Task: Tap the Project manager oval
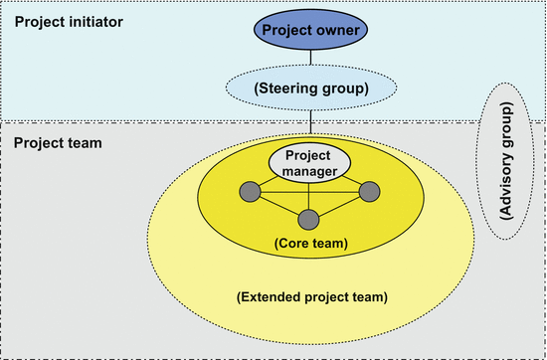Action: click(x=309, y=163)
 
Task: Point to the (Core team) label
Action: click(x=309, y=242)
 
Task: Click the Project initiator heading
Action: click(x=68, y=21)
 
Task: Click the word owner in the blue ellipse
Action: click(x=342, y=31)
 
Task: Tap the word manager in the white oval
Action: click(x=309, y=171)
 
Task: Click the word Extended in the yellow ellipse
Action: click(x=271, y=296)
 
